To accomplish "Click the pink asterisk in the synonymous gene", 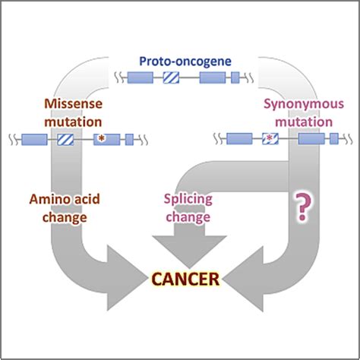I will [x=270, y=139].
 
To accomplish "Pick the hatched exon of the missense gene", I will [x=65, y=139].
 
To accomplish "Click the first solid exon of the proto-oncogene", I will [x=139, y=77].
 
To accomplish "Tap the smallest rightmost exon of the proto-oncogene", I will [x=235, y=77].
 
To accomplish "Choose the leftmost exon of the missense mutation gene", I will [x=34, y=139].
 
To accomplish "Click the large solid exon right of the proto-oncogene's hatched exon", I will [x=211, y=77].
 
